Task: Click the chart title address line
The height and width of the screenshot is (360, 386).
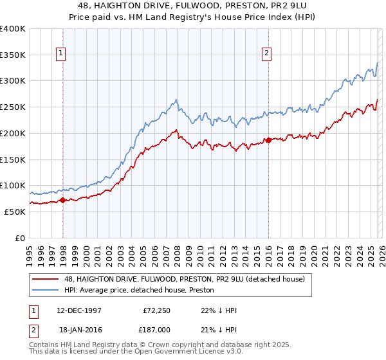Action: pyautogui.click(x=193, y=6)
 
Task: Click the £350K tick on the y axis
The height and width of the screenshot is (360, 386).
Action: pyautogui.click(x=13, y=55)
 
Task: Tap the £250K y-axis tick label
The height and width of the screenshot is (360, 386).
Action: pyautogui.click(x=13, y=107)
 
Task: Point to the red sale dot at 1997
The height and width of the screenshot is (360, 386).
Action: pyautogui.click(x=63, y=200)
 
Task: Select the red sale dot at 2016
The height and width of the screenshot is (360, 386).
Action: pyautogui.click(x=268, y=140)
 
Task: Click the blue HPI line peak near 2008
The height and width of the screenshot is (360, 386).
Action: pyautogui.click(x=176, y=100)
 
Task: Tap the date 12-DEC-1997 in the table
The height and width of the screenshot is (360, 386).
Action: pyautogui.click(x=79, y=310)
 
